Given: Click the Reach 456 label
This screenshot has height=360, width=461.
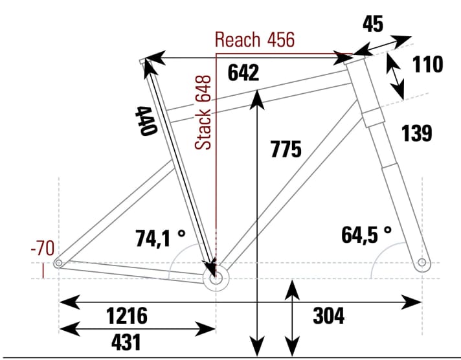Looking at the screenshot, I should (254, 40).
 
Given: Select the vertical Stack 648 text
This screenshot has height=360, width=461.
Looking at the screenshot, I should (204, 112).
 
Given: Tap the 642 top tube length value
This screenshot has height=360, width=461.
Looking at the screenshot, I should (243, 73).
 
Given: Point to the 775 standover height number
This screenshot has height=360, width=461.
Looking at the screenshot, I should (286, 150).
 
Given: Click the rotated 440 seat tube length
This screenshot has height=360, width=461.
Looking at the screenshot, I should (146, 120).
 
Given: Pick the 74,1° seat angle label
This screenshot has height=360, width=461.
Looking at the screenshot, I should (160, 238).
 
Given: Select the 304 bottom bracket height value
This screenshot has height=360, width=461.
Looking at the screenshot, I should (328, 316).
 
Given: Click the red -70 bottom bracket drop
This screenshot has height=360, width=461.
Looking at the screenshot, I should (42, 248).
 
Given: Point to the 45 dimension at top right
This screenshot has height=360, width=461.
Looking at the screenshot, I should (372, 24).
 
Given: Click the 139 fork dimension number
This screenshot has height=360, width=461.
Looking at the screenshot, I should (416, 133).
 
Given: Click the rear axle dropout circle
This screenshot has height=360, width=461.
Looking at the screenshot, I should (58, 264).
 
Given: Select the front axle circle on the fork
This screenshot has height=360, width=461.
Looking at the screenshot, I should (422, 263).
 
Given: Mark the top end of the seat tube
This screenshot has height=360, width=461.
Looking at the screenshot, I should (144, 62).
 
